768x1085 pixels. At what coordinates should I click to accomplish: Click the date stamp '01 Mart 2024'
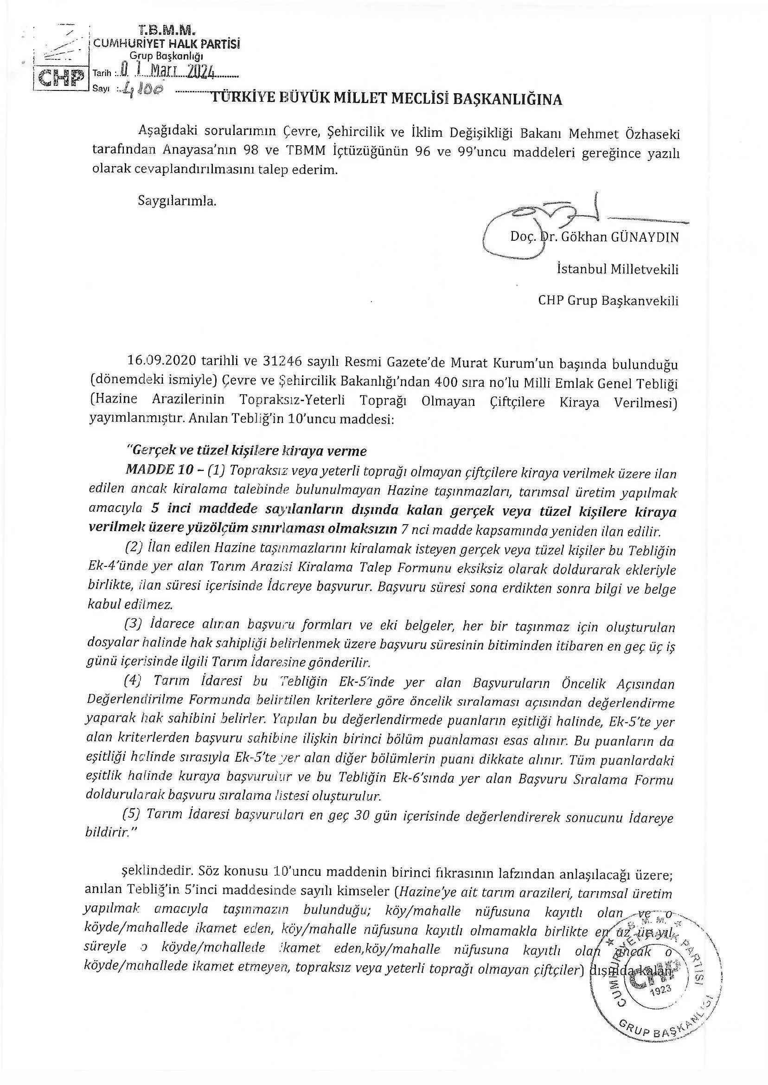167,72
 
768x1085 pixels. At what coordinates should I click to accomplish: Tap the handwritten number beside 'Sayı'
141,89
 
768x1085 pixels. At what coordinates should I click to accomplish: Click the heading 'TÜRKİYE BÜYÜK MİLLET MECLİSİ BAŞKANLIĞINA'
386,99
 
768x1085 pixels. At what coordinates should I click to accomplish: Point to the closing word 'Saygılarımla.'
177,200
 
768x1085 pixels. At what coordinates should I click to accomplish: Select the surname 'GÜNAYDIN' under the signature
645,237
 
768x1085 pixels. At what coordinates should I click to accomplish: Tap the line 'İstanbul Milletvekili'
618,270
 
